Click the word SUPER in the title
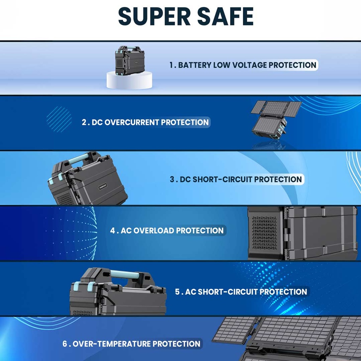[x=154, y=16]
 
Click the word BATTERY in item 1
[x=195, y=65]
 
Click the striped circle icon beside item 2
[x=59, y=119]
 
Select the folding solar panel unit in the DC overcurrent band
[x=276, y=120]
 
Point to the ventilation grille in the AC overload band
[x=264, y=233]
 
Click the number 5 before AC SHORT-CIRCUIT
[x=177, y=292]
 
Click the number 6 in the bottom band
[x=65, y=344]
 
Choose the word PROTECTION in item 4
[x=200, y=231]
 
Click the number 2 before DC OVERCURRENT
[x=84, y=122]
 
